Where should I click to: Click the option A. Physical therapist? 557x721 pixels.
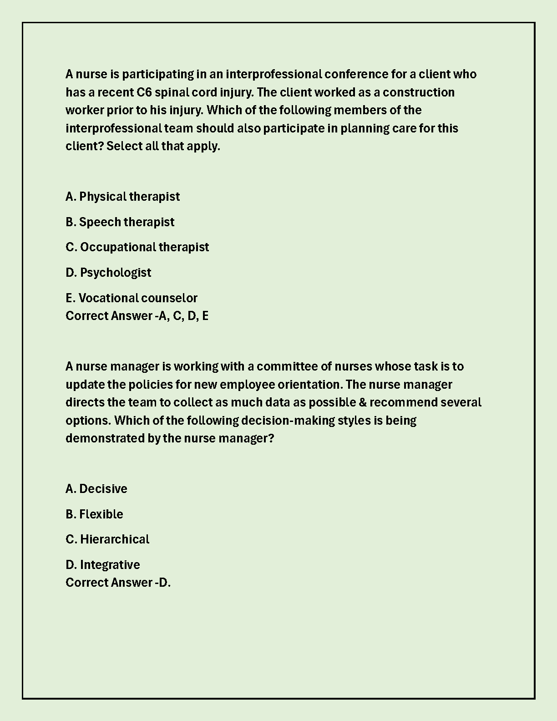point(122,197)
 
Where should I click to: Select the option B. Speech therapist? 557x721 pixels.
point(120,222)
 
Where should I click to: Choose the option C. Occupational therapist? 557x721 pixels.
point(137,247)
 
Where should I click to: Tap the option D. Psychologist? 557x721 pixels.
point(108,273)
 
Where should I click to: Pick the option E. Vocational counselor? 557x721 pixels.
point(131,298)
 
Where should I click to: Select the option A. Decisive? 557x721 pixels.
point(96,489)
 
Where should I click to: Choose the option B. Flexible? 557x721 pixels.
point(94,514)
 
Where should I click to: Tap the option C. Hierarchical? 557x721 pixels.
point(107,539)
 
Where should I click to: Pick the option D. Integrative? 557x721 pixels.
point(102,565)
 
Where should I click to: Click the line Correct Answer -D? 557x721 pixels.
point(118,583)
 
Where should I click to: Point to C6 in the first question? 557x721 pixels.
point(144,92)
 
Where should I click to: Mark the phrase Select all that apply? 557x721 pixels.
point(163,147)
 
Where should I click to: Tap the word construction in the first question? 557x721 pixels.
point(418,92)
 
